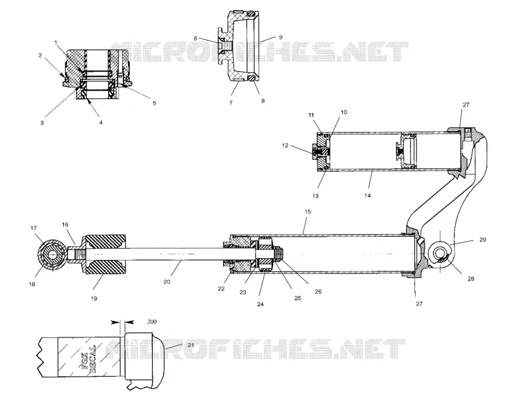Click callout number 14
tap(368, 195)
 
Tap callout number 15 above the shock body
tap(307, 212)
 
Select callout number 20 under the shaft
tap(167, 282)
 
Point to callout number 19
tap(94, 298)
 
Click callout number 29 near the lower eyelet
tap(482, 240)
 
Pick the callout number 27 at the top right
tap(466, 105)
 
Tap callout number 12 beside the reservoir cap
tap(285, 145)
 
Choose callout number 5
tap(154, 103)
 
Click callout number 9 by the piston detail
tap(281, 37)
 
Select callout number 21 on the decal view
tap(191, 345)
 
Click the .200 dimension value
tap(151, 322)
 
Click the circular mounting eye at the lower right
tap(440, 252)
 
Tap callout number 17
tap(34, 228)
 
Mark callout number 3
tap(42, 123)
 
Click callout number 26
tap(318, 292)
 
